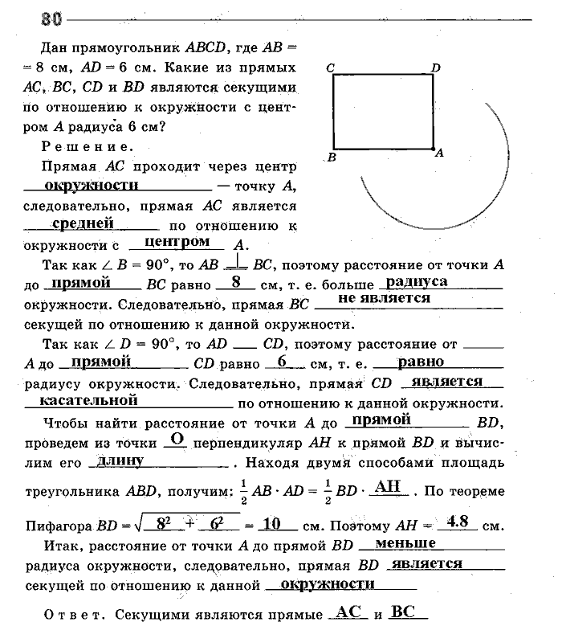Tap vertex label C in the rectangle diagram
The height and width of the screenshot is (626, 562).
[330, 69]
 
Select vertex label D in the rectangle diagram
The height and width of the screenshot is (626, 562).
[436, 68]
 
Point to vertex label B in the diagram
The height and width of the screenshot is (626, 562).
[331, 158]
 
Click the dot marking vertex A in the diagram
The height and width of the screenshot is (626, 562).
[432, 149]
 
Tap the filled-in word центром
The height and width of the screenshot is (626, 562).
[175, 241]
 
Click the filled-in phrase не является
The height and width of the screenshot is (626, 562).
[384, 298]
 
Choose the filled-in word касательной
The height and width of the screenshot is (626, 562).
[90, 399]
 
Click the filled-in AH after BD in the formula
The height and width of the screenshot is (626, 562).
[387, 485]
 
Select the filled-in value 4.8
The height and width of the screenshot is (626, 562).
[458, 522]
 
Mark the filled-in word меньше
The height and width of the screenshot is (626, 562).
[405, 544]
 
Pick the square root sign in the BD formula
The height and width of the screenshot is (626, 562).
[133, 525]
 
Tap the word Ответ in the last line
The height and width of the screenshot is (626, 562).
[67, 616]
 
